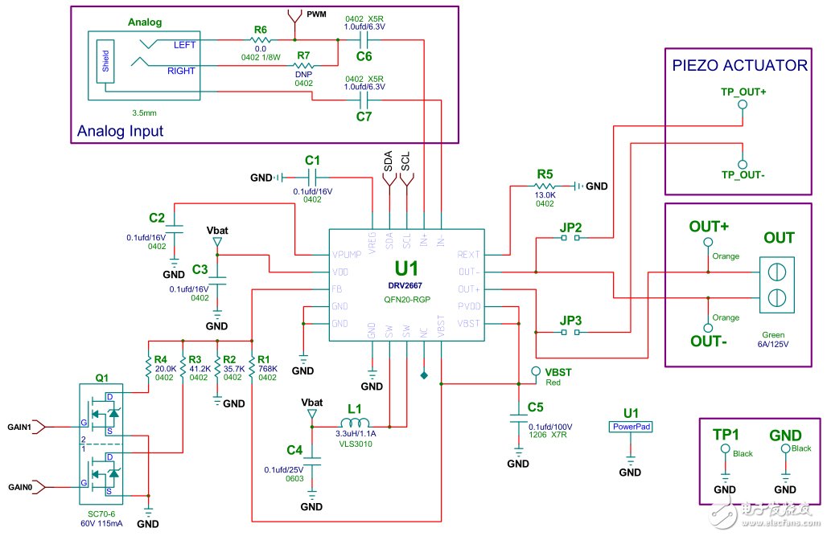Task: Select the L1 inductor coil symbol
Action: [355, 424]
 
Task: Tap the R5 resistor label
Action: [545, 173]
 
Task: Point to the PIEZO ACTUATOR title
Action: [740, 65]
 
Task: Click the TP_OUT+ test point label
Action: [743, 92]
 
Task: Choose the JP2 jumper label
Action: [570, 227]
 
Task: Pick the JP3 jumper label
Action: [570, 320]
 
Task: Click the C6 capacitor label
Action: [364, 57]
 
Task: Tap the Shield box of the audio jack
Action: [105, 60]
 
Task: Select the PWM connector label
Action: [317, 14]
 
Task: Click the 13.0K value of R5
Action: [545, 194]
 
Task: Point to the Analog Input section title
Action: [120, 131]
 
